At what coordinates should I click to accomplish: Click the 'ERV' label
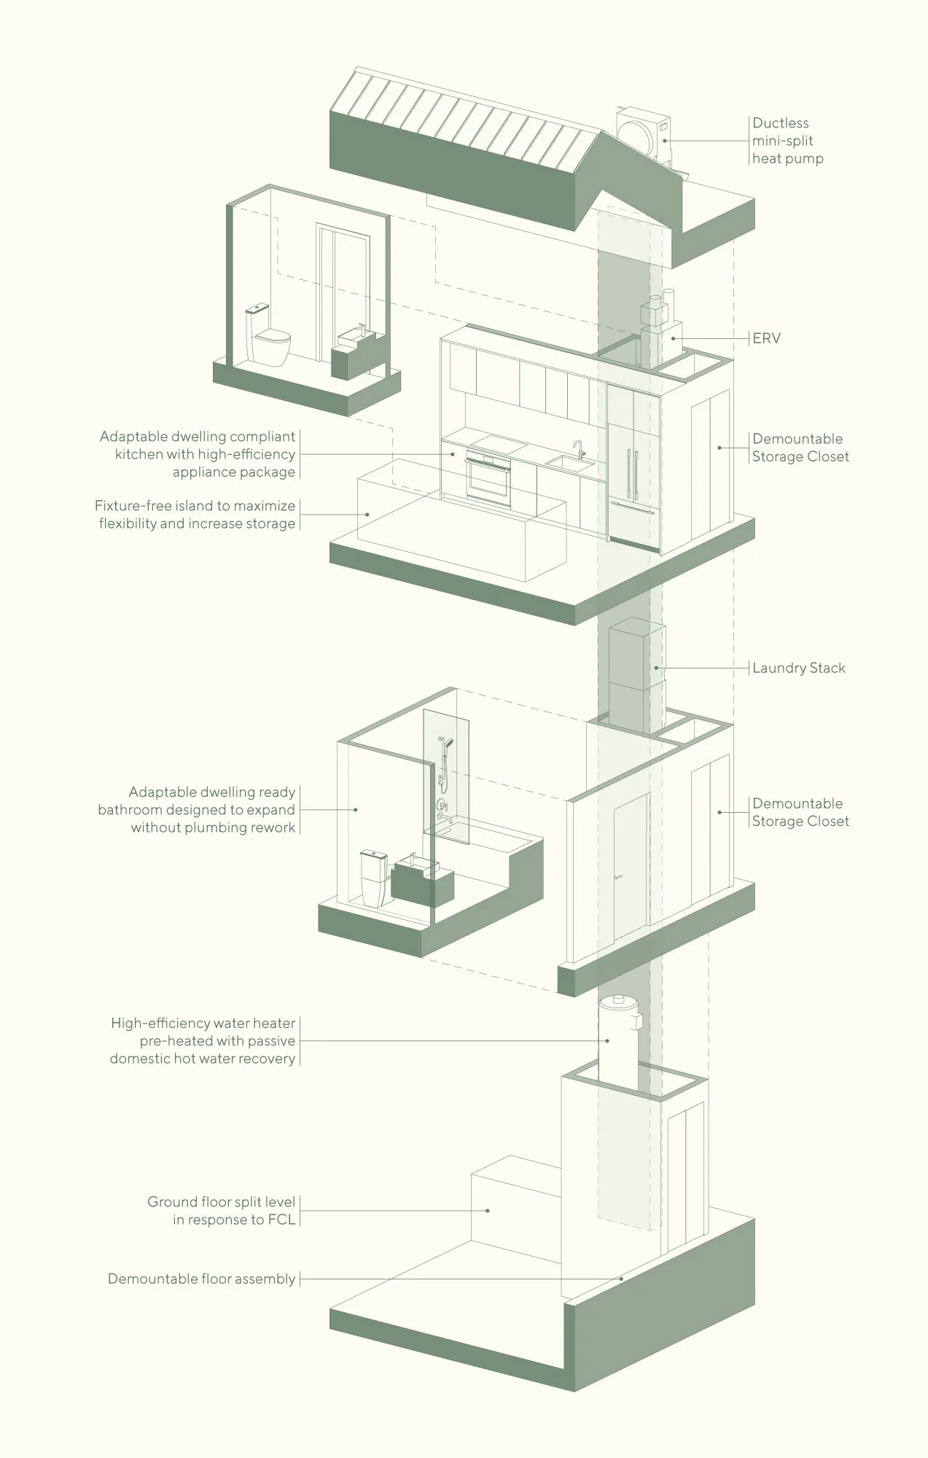coord(766,338)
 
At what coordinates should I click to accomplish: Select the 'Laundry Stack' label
coord(798,668)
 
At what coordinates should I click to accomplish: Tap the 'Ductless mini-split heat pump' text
coord(787,141)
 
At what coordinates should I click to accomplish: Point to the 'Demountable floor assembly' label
coord(201,1279)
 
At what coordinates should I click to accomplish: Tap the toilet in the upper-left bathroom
coord(268,337)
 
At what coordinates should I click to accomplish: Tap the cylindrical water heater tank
coord(619,1039)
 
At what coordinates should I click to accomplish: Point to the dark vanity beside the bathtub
coord(421,881)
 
